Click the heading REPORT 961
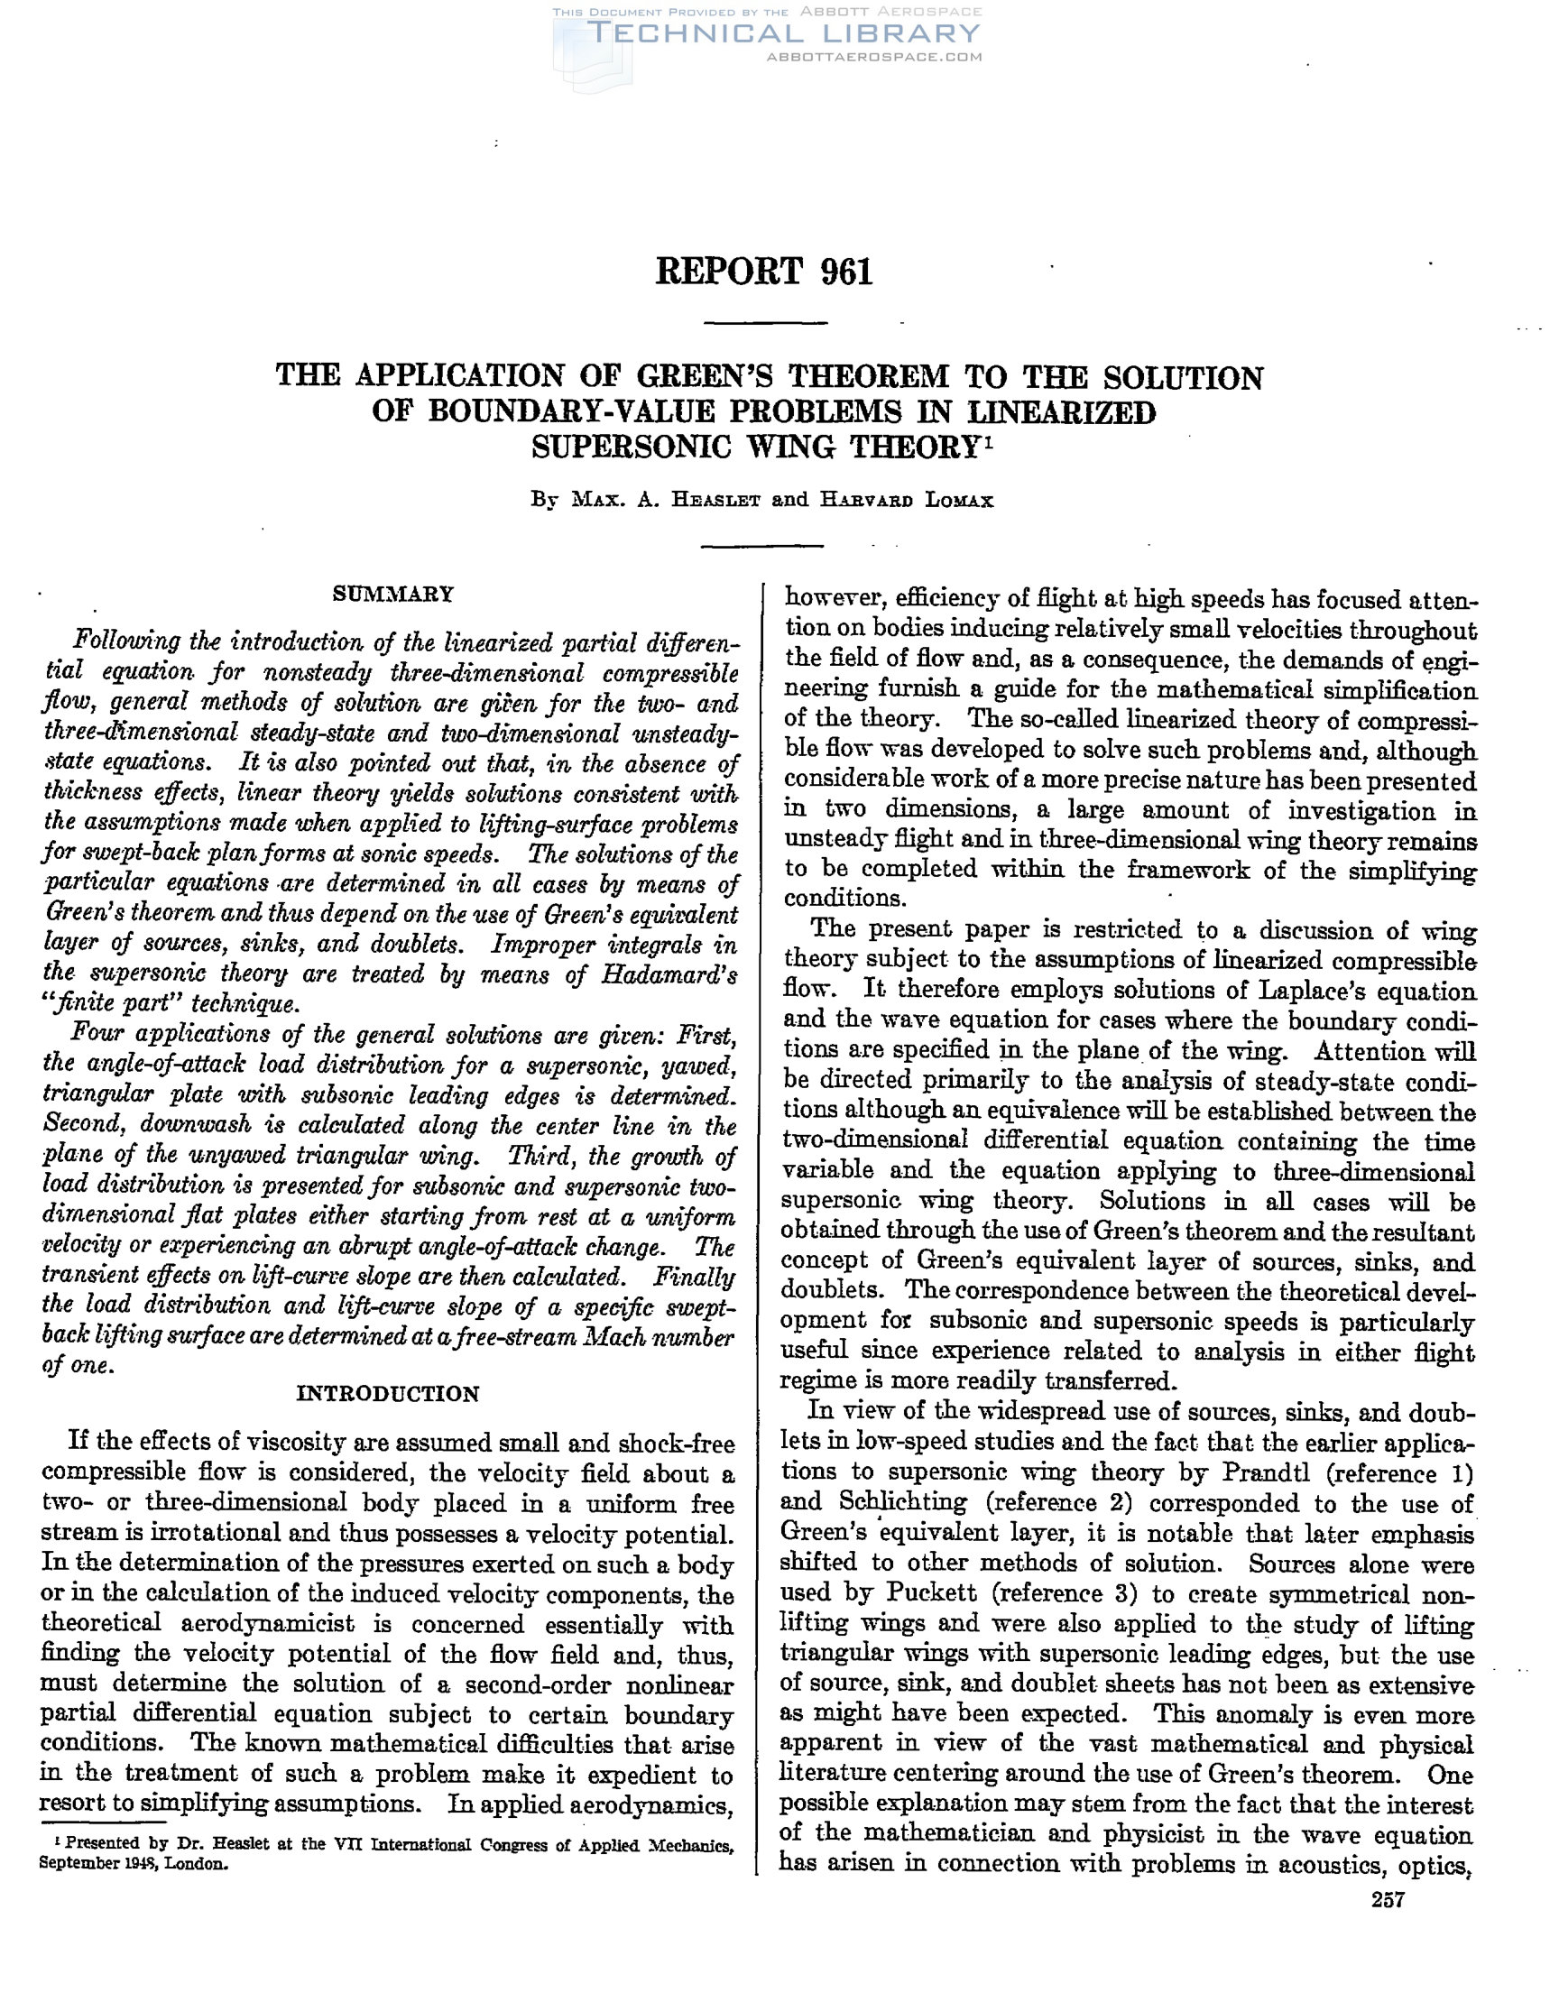pos(764,272)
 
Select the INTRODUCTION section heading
pos(388,1393)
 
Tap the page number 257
pos(1388,1900)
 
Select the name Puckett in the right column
pos(931,1593)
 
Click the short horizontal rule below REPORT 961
pos(767,323)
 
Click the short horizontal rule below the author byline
pos(763,546)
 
